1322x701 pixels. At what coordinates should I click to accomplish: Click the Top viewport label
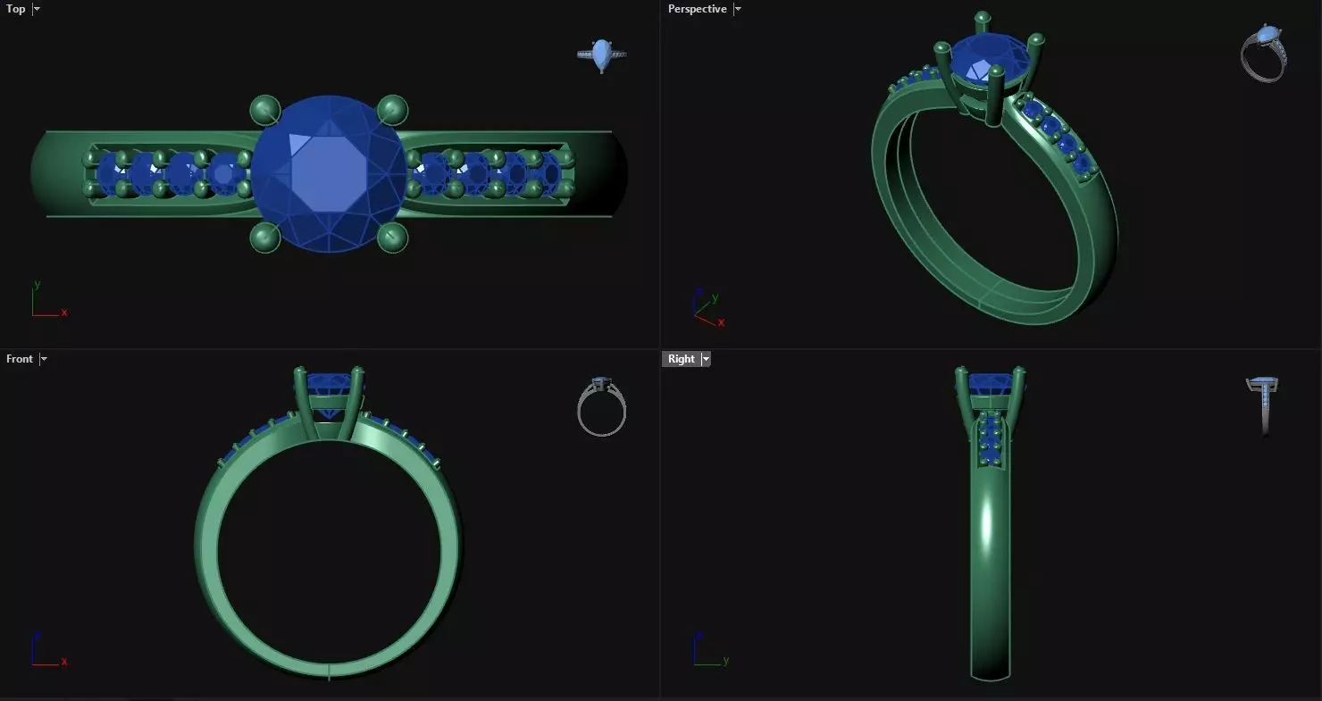[16, 9]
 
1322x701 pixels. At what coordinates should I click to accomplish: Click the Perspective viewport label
[697, 9]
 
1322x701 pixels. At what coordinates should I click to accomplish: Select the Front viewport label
[19, 359]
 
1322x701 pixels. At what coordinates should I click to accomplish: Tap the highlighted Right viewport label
[681, 359]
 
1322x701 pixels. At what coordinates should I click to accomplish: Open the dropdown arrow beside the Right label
[706, 359]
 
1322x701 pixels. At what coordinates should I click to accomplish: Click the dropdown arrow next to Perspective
[737, 9]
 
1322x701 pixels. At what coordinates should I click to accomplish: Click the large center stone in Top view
[328, 174]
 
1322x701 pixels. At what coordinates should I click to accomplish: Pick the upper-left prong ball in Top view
[264, 111]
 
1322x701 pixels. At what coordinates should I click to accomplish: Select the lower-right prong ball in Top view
[392, 238]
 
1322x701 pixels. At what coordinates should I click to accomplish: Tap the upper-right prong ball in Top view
[392, 111]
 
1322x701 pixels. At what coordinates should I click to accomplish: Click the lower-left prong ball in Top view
[264, 238]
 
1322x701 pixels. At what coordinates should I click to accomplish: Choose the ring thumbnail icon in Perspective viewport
[1263, 54]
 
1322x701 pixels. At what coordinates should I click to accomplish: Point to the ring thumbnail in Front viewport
[601, 407]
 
